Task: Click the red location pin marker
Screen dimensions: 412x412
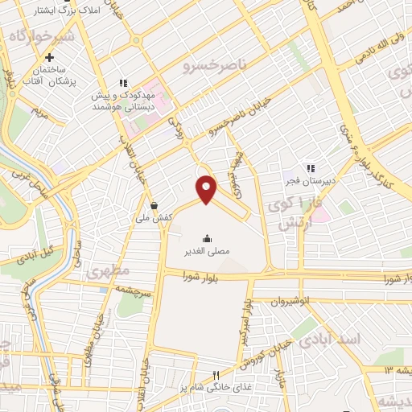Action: (207, 189)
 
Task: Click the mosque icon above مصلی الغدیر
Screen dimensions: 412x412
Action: (208, 237)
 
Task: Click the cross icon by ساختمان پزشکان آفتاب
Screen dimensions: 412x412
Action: (50, 57)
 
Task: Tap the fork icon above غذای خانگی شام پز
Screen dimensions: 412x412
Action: (216, 375)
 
